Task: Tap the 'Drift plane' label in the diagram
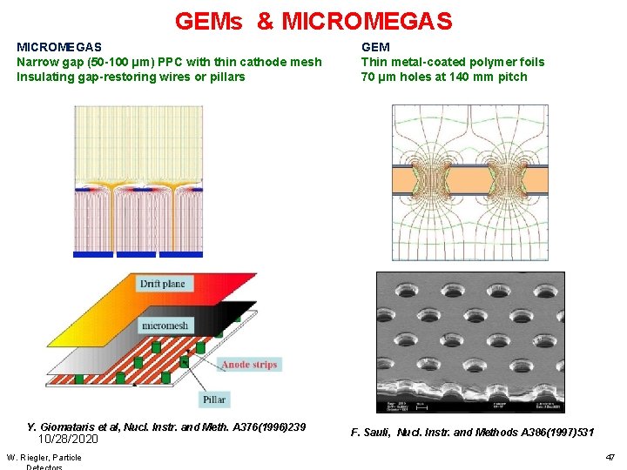(x=162, y=284)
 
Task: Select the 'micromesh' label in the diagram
(x=165, y=326)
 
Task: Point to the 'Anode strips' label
(x=249, y=365)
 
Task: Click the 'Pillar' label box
(x=214, y=399)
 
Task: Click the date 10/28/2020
(x=69, y=440)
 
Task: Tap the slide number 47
(x=610, y=457)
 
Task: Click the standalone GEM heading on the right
(x=375, y=47)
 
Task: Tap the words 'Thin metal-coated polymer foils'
(x=453, y=62)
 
